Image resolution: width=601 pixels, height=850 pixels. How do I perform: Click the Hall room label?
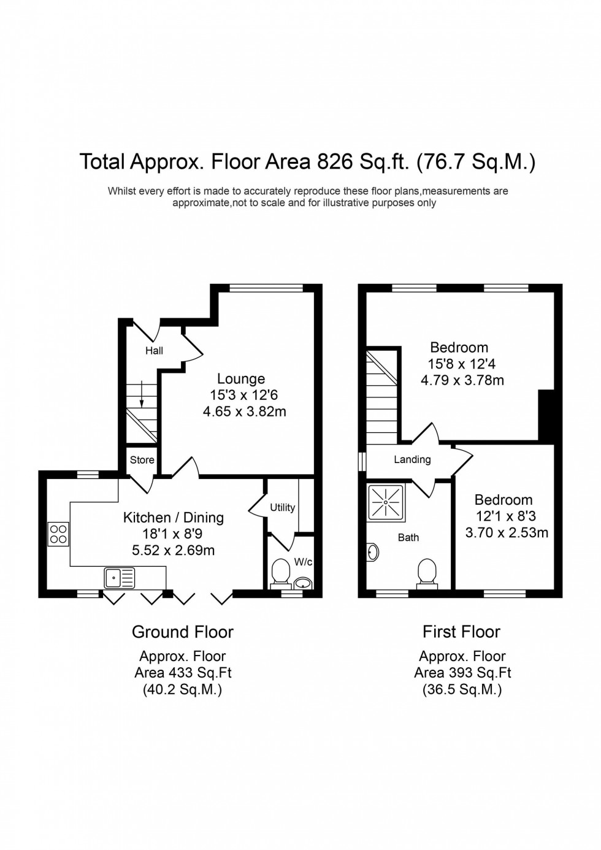click(x=154, y=351)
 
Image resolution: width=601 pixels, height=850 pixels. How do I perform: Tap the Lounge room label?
click(x=241, y=379)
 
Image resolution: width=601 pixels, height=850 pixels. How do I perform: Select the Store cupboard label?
click(x=142, y=460)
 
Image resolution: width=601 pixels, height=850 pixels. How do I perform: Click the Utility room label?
click(x=282, y=508)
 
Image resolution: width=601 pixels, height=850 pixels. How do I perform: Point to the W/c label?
click(x=303, y=562)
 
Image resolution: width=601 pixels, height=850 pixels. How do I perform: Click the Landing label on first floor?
click(x=412, y=459)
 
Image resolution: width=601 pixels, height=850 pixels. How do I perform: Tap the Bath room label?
click(x=408, y=537)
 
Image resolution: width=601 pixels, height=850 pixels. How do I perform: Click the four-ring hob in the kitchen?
click(x=59, y=534)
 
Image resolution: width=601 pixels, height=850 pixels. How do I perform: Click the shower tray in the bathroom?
click(x=386, y=502)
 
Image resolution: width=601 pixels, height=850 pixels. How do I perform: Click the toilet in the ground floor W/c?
click(x=281, y=572)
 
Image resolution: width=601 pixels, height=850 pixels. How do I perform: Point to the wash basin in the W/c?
click(x=304, y=582)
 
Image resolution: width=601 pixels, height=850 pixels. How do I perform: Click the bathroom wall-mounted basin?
click(x=373, y=553)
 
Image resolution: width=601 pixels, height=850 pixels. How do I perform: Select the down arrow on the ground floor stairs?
click(x=142, y=394)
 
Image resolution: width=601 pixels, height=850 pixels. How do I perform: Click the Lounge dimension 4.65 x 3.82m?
click(x=245, y=412)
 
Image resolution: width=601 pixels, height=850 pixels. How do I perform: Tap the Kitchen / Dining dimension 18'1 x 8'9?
click(x=172, y=534)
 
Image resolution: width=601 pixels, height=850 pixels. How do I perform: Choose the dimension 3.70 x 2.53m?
click(x=507, y=532)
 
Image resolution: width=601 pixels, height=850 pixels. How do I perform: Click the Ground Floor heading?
click(x=183, y=632)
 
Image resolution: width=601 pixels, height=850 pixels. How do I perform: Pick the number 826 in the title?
click(x=334, y=162)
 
